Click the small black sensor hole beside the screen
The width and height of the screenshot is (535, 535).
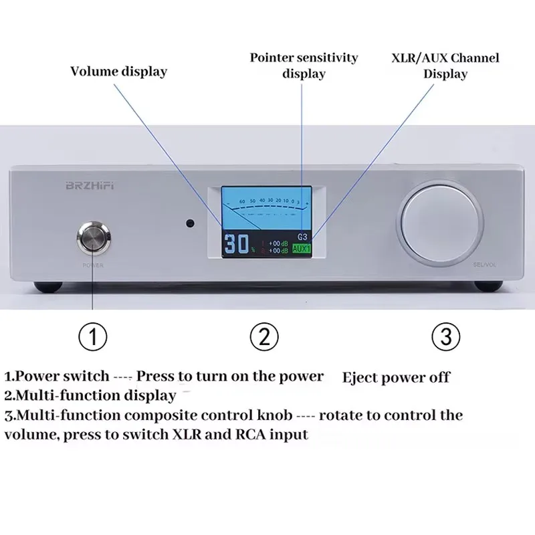191,223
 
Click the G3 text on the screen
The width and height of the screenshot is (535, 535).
302,237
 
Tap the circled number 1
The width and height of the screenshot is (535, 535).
93,336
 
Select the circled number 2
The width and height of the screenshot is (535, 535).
264,336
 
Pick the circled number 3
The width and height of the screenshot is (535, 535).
446,336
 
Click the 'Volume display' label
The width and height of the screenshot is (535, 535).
118,71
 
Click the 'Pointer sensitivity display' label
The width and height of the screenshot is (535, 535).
304,65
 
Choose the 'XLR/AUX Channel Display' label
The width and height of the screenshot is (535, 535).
445,65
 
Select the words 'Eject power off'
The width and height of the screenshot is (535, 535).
396,378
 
